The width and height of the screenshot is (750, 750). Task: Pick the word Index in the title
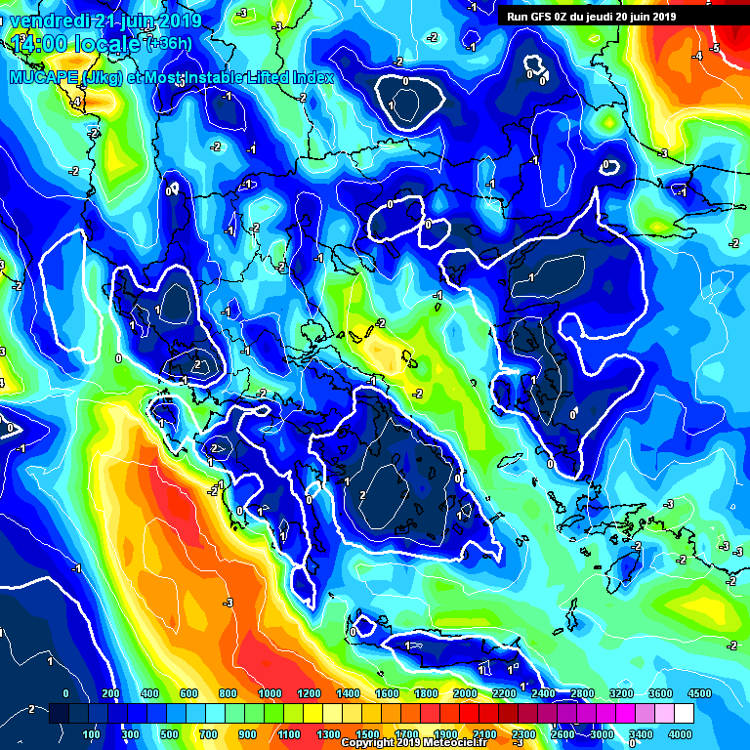coord(312,77)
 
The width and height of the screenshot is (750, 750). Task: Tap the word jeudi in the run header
coord(609,17)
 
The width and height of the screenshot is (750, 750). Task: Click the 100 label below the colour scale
coord(91,733)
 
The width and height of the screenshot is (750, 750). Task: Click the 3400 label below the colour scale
coord(641,733)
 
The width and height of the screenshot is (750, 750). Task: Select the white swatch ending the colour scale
coord(685,714)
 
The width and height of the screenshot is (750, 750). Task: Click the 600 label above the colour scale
coord(188,694)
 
